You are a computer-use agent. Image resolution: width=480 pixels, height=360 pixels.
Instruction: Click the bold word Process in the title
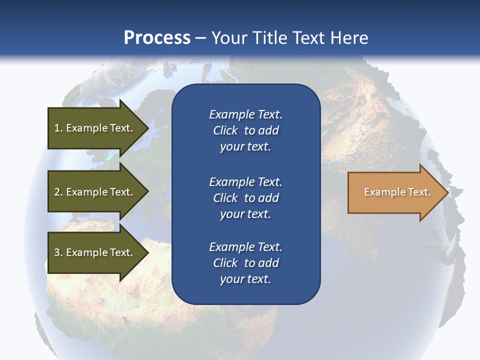pos(157,38)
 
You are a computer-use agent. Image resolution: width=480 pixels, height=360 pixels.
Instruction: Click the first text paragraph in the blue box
pos(245,130)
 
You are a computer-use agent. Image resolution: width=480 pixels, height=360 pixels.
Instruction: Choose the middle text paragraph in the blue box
pos(245,198)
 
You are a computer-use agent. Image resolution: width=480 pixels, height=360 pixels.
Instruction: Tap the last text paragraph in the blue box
pos(245,263)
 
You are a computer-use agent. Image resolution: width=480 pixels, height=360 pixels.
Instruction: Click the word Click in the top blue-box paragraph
pos(225,130)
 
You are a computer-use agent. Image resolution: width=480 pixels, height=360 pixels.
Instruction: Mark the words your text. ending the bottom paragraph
pos(245,279)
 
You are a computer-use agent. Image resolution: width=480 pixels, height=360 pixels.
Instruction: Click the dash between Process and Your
pos(200,38)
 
